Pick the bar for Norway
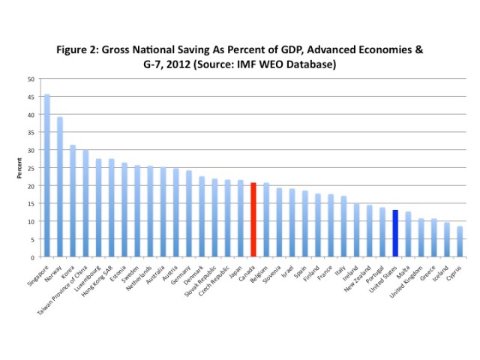point(59,187)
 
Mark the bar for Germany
point(188,214)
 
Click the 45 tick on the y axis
point(31,97)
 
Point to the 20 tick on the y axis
point(31,186)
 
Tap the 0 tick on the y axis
point(32,257)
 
